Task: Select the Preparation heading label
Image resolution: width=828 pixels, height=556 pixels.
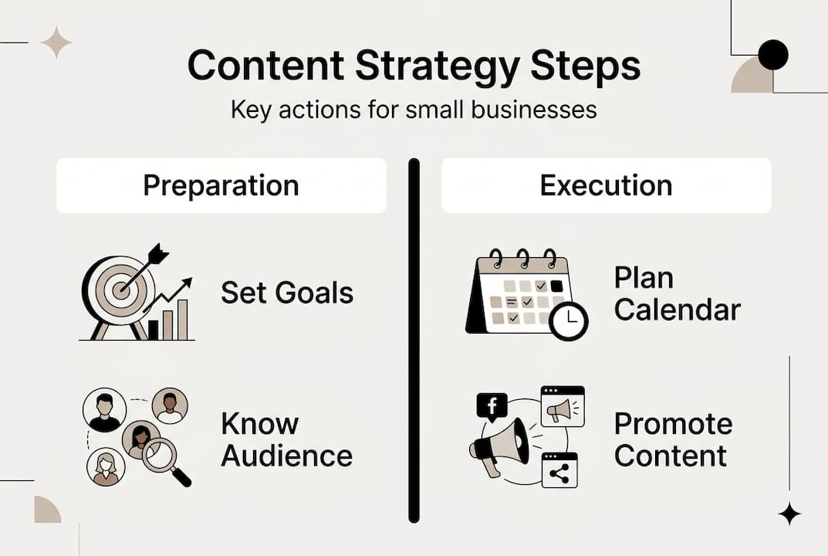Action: (x=221, y=185)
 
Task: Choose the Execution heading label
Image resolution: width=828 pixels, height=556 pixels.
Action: (x=606, y=185)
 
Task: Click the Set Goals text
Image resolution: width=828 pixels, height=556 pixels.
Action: (x=287, y=293)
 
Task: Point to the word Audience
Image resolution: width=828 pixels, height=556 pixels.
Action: (x=287, y=455)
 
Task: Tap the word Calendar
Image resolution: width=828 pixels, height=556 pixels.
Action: (x=677, y=310)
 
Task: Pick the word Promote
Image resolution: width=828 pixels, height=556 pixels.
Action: (x=673, y=423)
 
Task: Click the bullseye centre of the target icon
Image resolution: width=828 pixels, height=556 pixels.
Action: (x=120, y=291)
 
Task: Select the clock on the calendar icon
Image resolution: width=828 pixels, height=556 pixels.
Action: (x=569, y=320)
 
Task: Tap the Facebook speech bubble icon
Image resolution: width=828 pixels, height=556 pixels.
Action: (x=492, y=406)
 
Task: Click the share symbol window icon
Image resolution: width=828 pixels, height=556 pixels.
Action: (x=559, y=470)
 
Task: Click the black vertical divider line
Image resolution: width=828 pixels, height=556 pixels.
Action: (x=414, y=340)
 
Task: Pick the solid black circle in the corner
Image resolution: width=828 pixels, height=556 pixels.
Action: (x=772, y=55)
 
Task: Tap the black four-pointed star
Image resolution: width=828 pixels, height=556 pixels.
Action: (x=789, y=514)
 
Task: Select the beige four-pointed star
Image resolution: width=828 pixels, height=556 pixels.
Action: (x=56, y=42)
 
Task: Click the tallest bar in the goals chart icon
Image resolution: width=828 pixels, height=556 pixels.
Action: (x=183, y=319)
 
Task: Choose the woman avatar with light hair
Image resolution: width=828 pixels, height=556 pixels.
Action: (x=106, y=467)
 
